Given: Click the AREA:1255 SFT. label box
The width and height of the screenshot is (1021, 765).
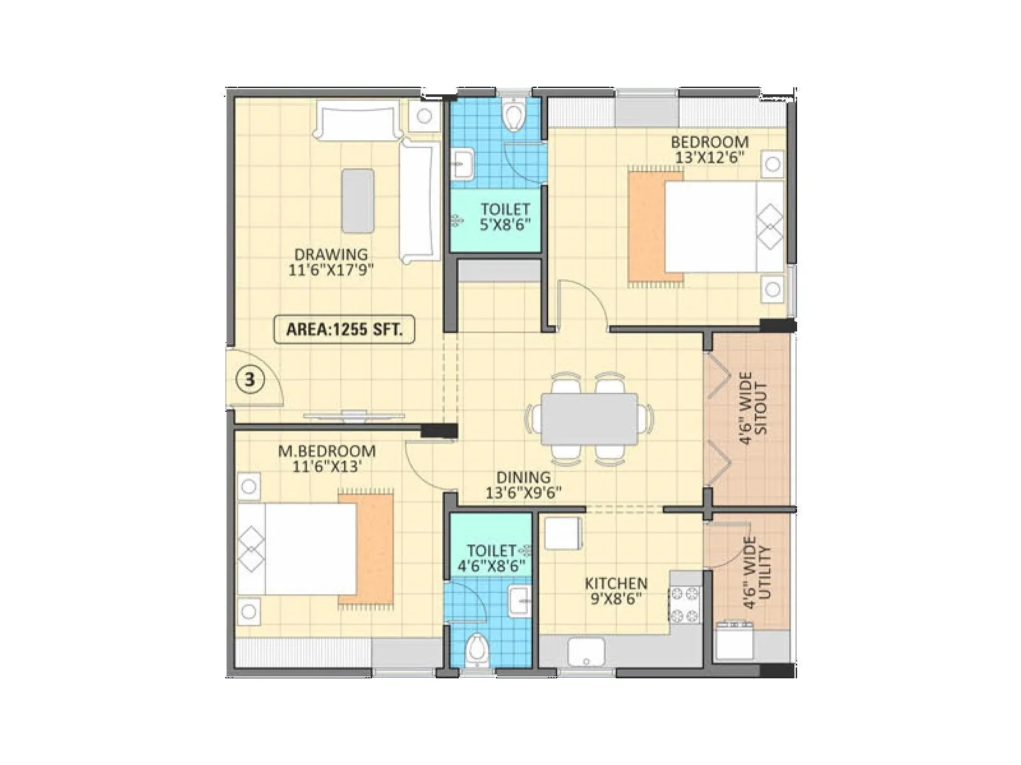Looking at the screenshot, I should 344,330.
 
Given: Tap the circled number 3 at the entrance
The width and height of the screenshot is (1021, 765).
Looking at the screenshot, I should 250,380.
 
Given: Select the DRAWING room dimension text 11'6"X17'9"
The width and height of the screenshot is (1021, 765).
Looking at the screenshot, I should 331,270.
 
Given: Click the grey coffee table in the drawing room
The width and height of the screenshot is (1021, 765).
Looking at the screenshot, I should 357,201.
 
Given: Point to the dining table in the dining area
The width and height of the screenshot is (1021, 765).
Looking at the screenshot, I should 589,419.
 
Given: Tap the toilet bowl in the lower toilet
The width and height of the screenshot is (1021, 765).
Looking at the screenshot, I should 476,650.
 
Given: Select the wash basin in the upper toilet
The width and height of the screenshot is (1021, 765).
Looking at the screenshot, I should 463,164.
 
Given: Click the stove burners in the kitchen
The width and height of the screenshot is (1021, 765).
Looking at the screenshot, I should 684,605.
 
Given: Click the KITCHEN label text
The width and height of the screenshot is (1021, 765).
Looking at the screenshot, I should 616,583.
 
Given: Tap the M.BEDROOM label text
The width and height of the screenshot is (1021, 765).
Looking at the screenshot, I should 327,451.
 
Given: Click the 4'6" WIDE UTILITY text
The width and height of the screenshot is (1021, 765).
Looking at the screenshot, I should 757,572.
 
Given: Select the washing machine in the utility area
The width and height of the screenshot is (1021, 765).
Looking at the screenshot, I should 734,641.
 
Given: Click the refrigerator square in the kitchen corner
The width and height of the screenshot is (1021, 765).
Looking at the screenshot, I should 562,533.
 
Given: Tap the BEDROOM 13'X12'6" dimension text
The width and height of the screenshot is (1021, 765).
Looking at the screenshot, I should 710,157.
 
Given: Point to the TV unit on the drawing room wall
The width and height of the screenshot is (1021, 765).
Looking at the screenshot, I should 354,416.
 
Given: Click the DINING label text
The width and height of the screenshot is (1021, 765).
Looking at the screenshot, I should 523,477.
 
